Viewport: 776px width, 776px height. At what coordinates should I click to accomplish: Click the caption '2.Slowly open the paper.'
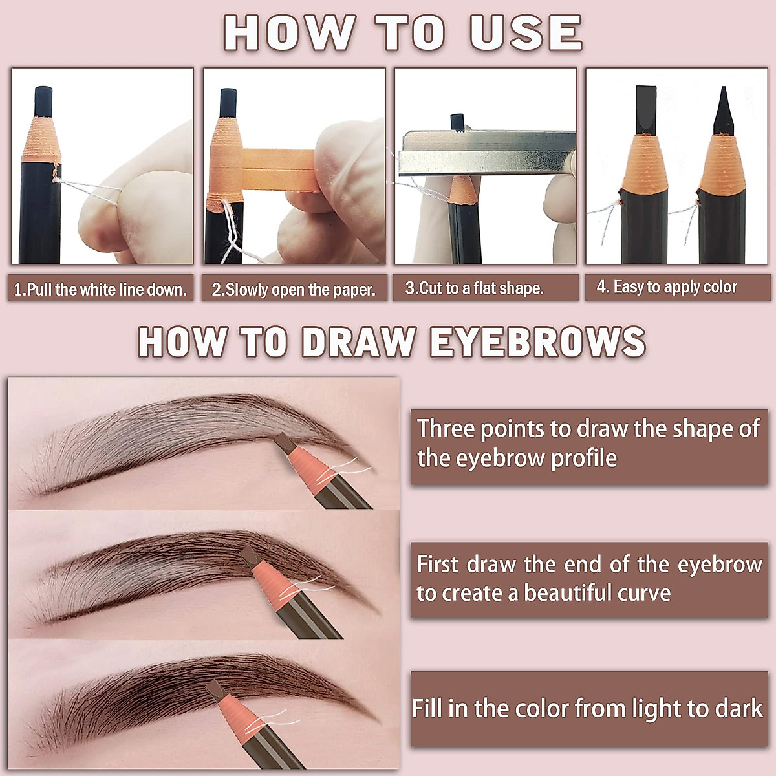(x=294, y=289)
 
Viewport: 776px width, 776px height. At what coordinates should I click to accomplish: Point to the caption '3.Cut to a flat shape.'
(x=474, y=288)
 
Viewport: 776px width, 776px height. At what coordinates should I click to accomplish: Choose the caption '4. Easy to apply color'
(x=666, y=287)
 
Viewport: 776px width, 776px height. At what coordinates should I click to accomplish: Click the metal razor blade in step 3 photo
(x=485, y=153)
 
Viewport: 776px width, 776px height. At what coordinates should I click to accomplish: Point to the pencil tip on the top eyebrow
(x=283, y=442)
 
